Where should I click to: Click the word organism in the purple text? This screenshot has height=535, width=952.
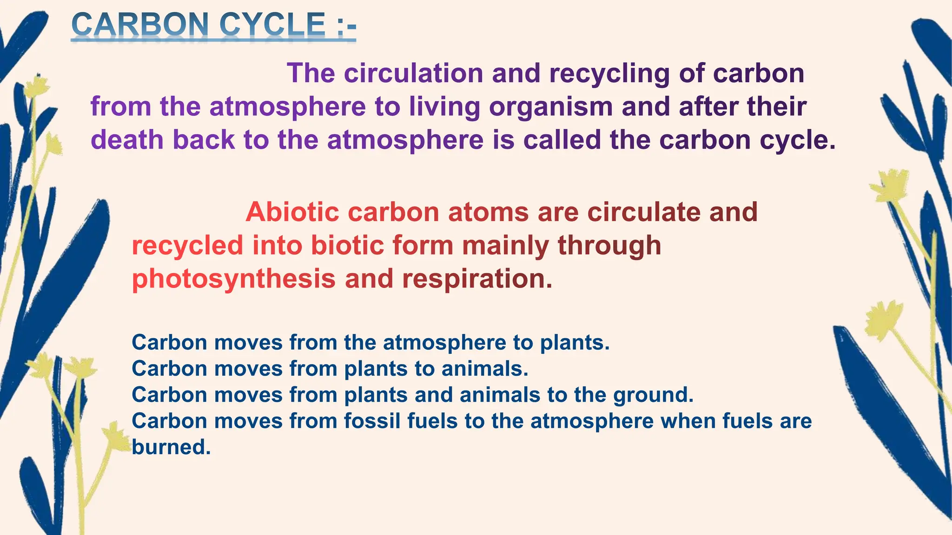551,107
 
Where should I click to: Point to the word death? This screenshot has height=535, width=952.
127,140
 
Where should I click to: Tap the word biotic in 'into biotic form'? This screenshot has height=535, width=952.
347,245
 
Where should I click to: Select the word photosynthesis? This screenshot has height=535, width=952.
234,279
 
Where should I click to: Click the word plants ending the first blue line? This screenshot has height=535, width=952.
575,343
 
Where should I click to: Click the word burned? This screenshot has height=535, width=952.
171,447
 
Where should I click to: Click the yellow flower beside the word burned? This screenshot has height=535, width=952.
115,437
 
